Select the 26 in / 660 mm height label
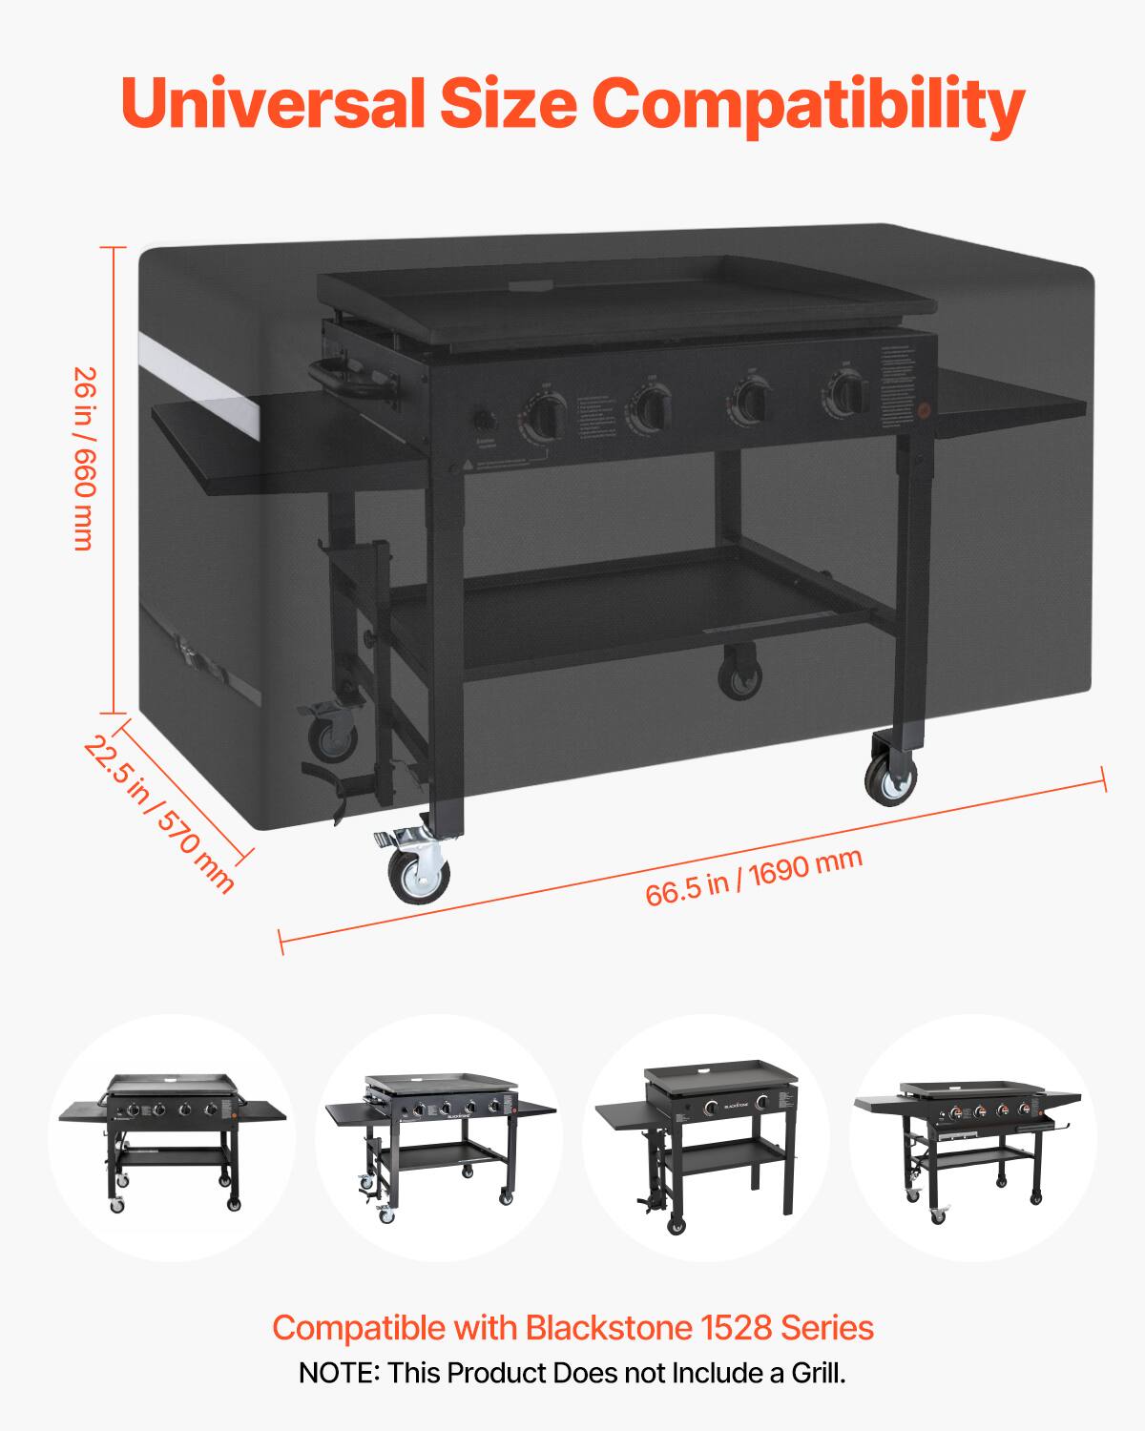[83, 459]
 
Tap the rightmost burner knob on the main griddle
[846, 391]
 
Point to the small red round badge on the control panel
[923, 412]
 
